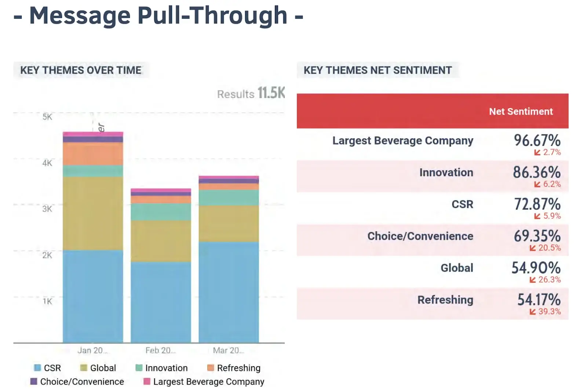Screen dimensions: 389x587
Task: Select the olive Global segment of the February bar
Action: point(161,241)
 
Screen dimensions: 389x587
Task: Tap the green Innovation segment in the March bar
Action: point(229,197)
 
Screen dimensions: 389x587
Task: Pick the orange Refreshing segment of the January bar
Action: point(93,154)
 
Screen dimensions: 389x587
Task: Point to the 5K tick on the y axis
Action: point(47,117)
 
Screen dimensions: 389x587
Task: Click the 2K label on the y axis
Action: point(47,255)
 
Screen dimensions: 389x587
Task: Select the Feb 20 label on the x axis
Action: point(160,351)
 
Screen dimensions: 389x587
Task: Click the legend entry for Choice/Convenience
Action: point(82,382)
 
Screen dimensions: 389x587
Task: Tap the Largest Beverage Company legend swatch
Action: point(147,382)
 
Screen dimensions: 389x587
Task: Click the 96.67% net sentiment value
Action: point(537,140)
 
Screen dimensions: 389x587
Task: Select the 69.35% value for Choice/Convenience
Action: point(537,236)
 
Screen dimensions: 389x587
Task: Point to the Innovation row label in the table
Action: point(446,173)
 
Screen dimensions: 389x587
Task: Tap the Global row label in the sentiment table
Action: point(457,268)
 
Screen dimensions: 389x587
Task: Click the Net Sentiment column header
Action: point(521,111)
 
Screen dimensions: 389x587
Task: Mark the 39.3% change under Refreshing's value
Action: point(549,312)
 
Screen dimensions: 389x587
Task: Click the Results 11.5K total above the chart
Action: point(251,93)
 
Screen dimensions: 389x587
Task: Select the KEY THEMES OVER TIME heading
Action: point(81,70)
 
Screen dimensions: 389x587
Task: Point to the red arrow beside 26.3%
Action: point(533,280)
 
